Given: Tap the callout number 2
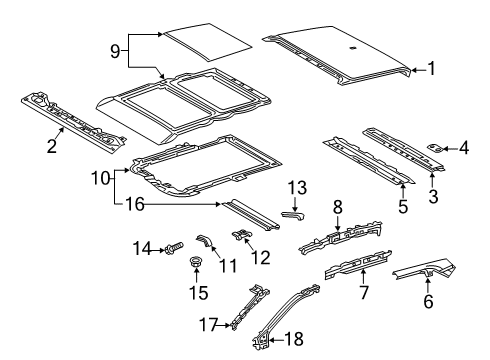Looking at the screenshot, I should click(x=50, y=148).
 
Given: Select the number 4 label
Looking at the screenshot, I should click(x=463, y=148).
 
